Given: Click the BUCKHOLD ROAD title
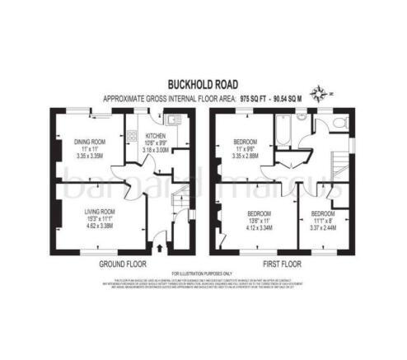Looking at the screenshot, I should point(203,82).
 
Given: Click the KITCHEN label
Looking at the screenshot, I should point(156,135).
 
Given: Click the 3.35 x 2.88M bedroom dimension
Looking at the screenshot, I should point(247,155).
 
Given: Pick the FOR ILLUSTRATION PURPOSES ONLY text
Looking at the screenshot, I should point(203,274).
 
